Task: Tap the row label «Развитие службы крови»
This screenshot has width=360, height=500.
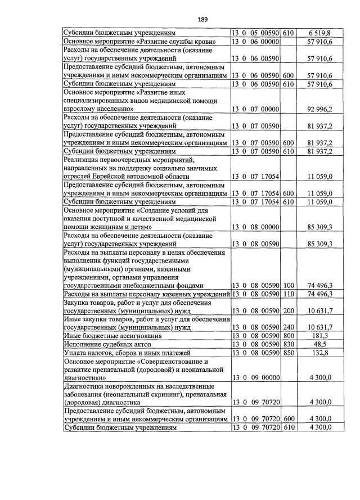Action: (146, 42)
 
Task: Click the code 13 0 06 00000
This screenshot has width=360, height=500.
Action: (256, 42)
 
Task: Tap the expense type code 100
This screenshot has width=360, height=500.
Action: (289, 285)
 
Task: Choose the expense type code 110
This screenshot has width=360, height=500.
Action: (289, 294)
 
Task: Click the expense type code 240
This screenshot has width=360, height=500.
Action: (289, 327)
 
